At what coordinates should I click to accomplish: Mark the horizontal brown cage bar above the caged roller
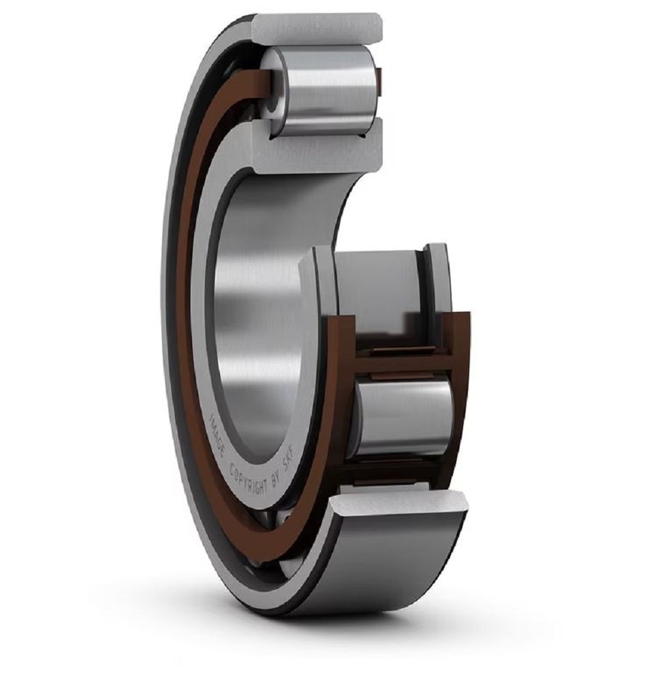click(x=402, y=364)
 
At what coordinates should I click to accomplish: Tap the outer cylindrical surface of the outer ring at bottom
click(x=381, y=565)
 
